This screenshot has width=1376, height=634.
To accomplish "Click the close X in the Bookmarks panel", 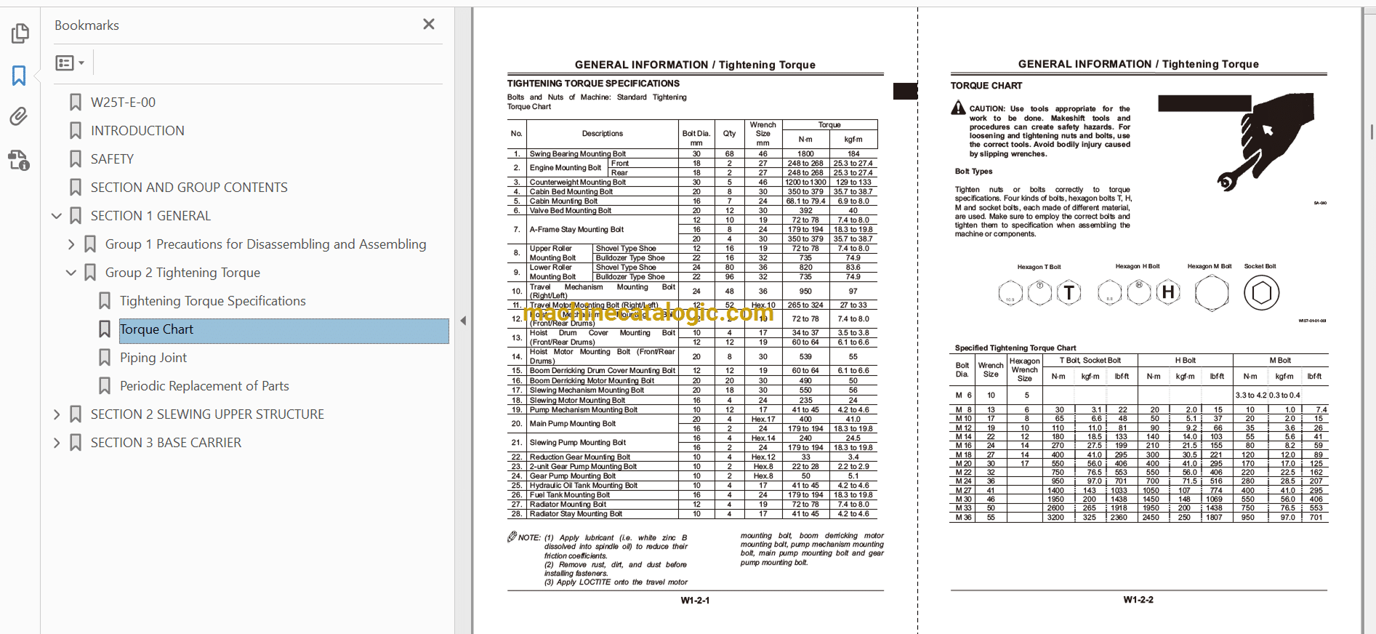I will tap(429, 25).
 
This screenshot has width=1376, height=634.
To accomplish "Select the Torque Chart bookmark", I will tap(156, 329).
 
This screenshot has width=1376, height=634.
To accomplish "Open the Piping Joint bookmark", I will tap(153, 358).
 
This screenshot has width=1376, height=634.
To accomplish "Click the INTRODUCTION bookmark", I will tap(137, 131).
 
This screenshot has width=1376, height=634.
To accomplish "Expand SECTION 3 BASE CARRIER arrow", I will tap(57, 443).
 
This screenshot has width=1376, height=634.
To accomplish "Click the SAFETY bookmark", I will tap(112, 159).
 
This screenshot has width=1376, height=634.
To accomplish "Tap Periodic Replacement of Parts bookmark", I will tap(204, 386).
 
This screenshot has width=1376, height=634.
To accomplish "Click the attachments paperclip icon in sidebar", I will tap(19, 116).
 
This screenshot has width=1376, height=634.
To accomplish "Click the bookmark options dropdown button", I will tap(70, 63).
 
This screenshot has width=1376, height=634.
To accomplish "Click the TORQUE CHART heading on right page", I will tap(986, 86).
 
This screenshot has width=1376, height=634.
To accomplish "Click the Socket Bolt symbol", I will tap(1261, 293).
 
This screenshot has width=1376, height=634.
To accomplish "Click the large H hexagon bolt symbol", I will tap(1168, 292).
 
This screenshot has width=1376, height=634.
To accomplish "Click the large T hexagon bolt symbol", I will tap(1069, 293).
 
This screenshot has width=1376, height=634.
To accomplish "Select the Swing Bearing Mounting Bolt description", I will tap(577, 154).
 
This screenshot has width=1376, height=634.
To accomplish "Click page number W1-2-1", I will tap(695, 601).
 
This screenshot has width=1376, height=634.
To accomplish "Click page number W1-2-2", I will tap(1138, 600).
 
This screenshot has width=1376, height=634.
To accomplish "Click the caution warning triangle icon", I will tap(959, 108).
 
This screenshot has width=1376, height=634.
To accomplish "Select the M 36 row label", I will tap(963, 518).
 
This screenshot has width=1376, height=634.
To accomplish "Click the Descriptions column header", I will tap(602, 134).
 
